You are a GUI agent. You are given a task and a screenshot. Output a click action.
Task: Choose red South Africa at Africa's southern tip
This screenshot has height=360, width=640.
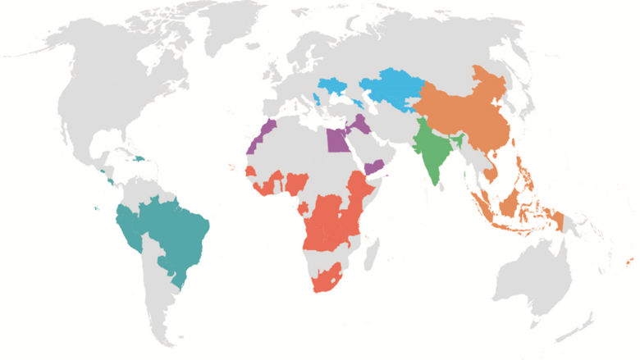click(x=327, y=280)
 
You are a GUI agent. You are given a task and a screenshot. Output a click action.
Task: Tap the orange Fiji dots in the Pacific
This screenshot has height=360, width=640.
click(x=628, y=262)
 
